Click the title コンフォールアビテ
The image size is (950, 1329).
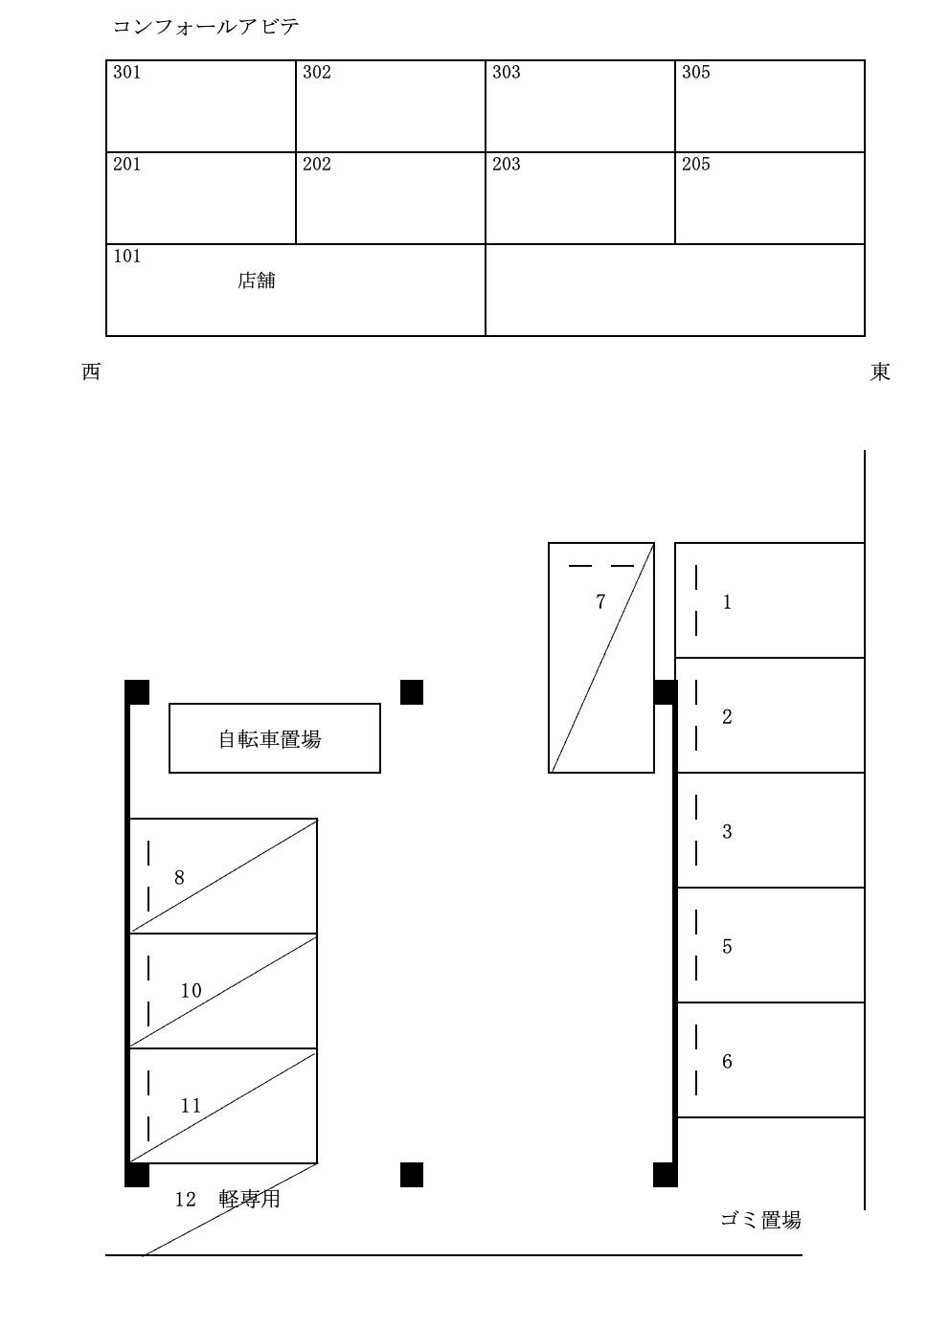coord(206,27)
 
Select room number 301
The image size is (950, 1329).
coord(127,73)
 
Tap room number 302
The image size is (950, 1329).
coord(317,73)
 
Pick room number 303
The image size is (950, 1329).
coord(507,73)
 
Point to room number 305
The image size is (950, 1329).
coord(696,73)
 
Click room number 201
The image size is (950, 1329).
coord(127,165)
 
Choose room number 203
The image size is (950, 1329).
coord(507,165)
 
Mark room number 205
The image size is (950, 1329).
coord(696,165)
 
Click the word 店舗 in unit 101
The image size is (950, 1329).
coord(257,281)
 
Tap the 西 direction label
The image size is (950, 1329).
coord(91,372)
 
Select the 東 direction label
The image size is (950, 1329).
coord(880,372)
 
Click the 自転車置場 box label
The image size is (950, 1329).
coord(270,739)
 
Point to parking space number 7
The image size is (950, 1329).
coord(600,602)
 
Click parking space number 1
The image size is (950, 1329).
coord(727,602)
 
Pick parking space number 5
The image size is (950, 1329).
coord(727,947)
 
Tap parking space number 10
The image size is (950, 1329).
coord(192,991)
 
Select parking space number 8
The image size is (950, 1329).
coord(179,878)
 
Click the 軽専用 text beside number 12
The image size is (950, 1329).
coord(250,1199)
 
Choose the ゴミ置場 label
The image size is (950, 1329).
coord(760,1220)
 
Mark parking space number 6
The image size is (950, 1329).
coord(727,1062)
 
